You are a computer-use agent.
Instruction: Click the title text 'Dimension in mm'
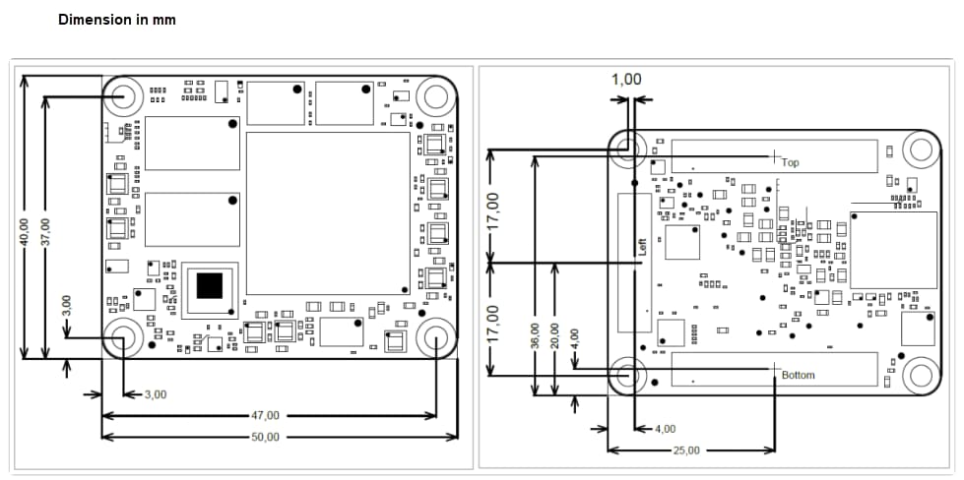[117, 19]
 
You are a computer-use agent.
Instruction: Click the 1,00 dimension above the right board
[626, 80]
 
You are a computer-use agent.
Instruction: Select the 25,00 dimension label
[686, 450]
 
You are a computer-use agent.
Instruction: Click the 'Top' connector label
[790, 163]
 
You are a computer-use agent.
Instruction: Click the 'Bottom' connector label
[798, 376]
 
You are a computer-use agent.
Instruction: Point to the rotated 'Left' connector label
[642, 245]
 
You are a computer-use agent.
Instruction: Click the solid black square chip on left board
[210, 285]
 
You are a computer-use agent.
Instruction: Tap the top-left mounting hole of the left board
[124, 96]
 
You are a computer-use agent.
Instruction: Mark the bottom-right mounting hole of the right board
[920, 375]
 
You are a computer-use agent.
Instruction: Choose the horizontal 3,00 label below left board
[156, 394]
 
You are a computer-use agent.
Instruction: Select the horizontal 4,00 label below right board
[666, 429]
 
